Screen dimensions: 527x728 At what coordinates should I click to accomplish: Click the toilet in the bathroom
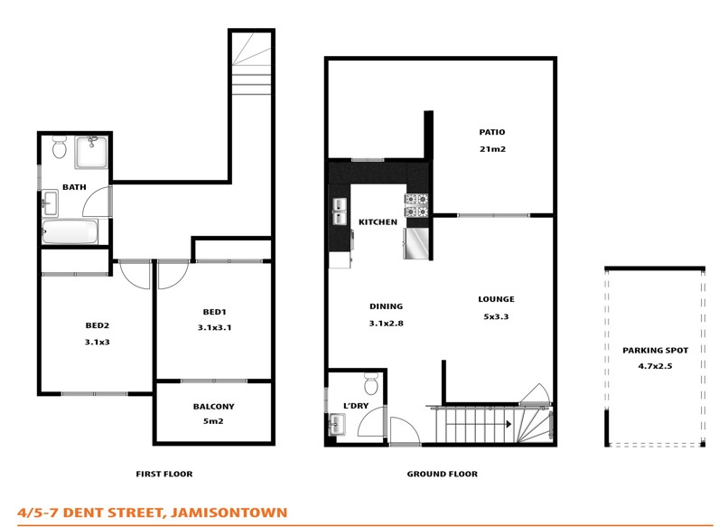pos(60,146)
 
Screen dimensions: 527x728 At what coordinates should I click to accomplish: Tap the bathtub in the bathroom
pos(70,233)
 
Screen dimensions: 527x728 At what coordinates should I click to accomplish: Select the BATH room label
pos(74,188)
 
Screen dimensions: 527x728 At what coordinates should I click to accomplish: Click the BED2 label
pos(97,326)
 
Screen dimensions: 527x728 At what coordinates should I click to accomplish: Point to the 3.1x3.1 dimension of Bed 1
pos(214,328)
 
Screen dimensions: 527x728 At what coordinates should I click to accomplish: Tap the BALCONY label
pos(213,407)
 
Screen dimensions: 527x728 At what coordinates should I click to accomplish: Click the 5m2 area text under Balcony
pos(213,421)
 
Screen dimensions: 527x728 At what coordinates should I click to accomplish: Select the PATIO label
pos(491,133)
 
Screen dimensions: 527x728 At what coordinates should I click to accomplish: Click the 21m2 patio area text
pos(491,149)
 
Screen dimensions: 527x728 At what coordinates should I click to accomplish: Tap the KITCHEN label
pos(378,222)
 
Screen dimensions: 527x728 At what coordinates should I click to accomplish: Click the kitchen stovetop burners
pos(416,206)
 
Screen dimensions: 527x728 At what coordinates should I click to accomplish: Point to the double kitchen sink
pos(340,211)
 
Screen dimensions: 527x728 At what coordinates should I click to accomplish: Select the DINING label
pos(386,306)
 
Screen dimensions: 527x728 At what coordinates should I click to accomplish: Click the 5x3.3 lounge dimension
pos(496,316)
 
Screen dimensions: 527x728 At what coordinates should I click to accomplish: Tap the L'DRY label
pos(355,406)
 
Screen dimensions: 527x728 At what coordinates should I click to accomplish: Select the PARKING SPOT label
pos(655,351)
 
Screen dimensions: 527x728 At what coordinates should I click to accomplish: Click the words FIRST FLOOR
pos(163,475)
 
